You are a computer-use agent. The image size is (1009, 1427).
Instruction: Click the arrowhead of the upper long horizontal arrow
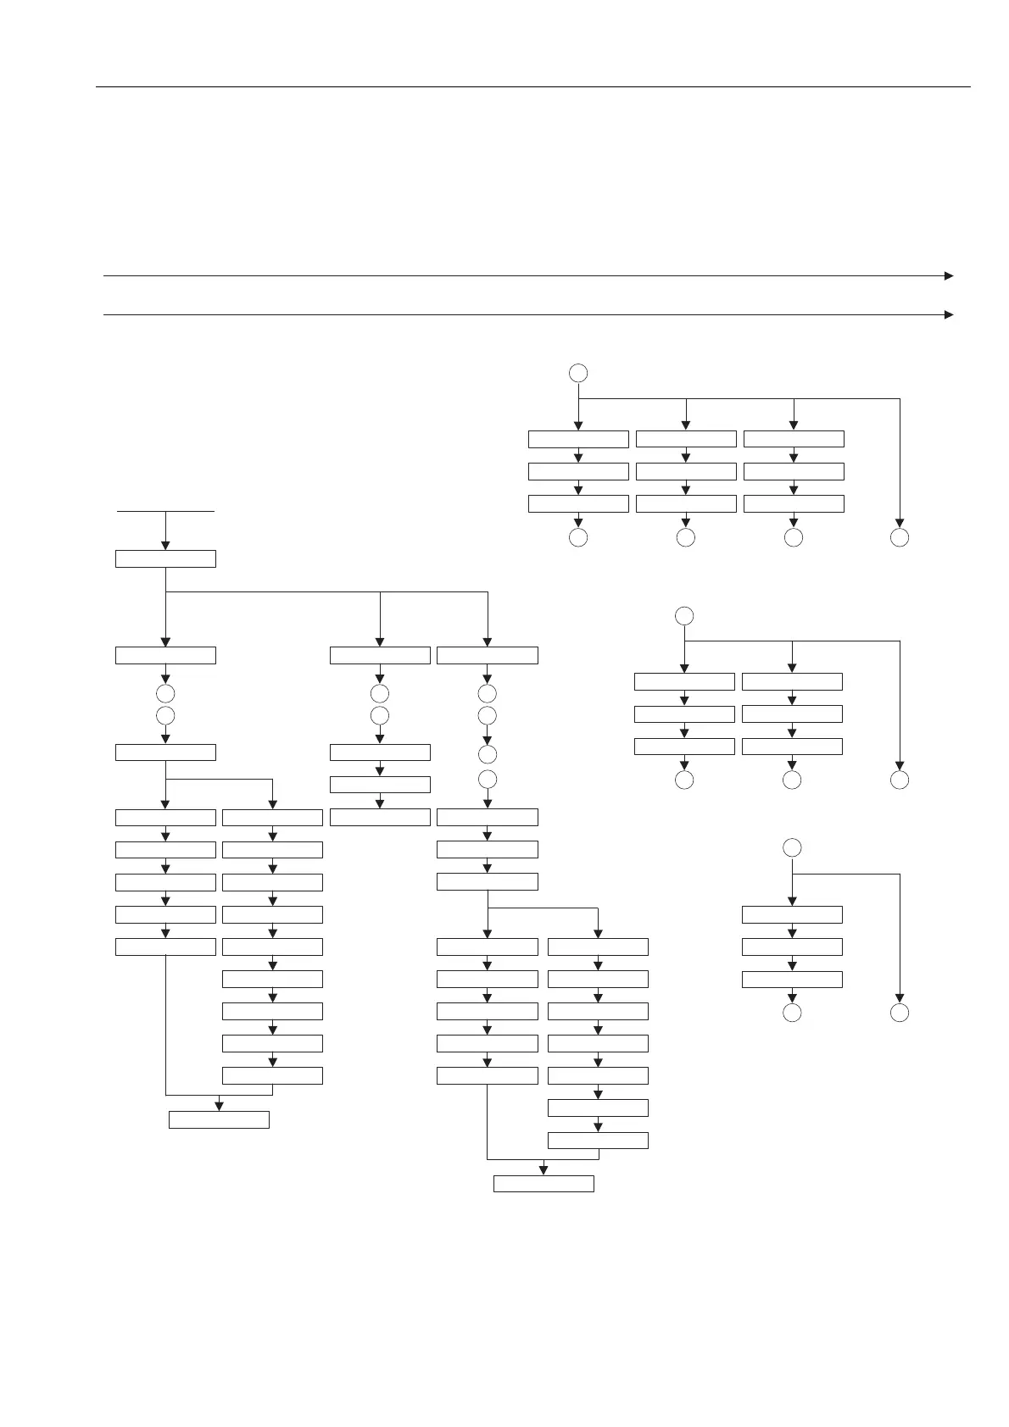point(949,275)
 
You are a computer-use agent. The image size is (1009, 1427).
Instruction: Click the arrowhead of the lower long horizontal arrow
point(949,314)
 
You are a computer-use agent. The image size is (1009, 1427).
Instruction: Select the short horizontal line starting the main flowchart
point(165,511)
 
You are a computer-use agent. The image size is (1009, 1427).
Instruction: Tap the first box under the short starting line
point(165,558)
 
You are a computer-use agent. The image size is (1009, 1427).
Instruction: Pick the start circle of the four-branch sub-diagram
point(578,372)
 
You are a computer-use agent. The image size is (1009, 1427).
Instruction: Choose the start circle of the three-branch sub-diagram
point(684,615)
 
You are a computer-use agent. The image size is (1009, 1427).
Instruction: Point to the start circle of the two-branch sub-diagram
point(792,847)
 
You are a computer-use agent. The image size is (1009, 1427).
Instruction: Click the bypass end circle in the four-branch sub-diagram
point(900,537)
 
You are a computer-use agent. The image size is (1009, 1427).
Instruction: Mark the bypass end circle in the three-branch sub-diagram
point(900,780)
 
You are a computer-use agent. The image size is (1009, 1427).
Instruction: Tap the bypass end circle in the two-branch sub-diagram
point(900,1013)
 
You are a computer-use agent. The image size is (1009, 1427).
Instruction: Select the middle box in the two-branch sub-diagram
point(792,947)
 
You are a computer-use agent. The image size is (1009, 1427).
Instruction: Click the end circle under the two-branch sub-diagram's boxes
point(792,1013)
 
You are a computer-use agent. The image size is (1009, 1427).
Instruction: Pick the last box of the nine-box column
point(272,1075)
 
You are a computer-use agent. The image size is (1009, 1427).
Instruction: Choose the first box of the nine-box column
point(272,818)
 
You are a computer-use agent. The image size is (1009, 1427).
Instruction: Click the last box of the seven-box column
point(598,1140)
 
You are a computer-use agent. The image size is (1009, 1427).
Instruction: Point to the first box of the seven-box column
point(598,947)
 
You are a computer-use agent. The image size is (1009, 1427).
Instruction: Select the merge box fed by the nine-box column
point(219,1119)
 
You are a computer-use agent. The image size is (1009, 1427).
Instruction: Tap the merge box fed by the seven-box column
point(544,1184)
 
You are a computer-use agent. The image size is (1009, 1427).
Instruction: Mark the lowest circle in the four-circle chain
point(488,779)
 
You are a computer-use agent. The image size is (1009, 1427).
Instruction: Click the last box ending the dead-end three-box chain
point(380,818)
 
